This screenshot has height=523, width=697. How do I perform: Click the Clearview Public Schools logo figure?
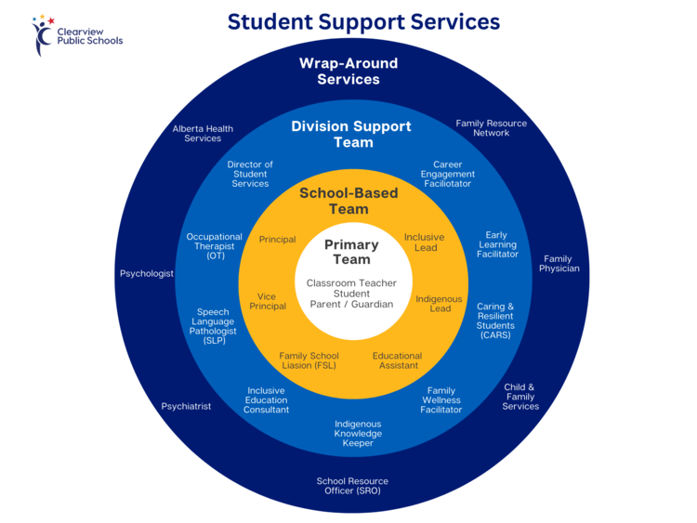coord(42,34)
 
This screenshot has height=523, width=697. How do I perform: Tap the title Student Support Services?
coord(363,21)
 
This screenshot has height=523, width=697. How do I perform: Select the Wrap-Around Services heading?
coord(348,72)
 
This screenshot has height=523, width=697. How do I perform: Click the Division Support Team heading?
coord(351,134)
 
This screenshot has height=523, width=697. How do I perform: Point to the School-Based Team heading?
coord(348,201)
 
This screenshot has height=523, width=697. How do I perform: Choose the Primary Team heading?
coord(351,252)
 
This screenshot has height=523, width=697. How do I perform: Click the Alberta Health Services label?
coord(203,134)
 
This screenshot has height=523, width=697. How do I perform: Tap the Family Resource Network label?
coord(492,128)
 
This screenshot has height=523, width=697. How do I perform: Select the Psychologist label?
coord(147,274)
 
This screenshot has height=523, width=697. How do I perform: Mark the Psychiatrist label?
coord(186,406)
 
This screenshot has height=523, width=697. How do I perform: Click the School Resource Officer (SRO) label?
coord(352,486)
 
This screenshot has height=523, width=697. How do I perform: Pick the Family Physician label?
coord(559,264)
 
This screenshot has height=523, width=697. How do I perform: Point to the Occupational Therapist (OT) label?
coord(215,246)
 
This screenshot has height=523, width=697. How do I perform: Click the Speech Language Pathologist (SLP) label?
coord(213,326)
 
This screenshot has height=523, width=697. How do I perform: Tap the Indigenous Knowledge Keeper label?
coord(358,433)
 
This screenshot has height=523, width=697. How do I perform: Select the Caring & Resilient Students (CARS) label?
coord(495,320)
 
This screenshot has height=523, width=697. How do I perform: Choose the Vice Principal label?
coord(268,301)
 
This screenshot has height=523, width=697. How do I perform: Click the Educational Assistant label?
coord(398,360)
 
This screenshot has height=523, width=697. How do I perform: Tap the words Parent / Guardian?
coord(351,305)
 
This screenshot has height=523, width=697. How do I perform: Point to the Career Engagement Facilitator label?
coord(448,174)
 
